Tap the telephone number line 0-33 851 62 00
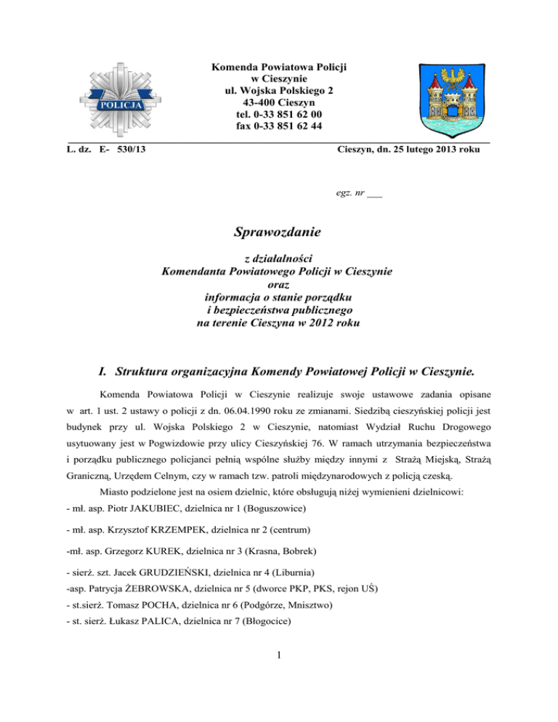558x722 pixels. [x=280, y=115]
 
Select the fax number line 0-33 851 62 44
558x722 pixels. [x=280, y=126]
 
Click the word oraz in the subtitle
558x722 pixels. [x=278, y=285]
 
